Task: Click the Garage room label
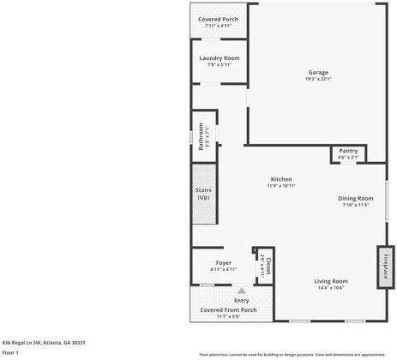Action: pos(318,72)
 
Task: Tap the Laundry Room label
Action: pos(219,58)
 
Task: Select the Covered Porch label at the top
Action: pos(218,19)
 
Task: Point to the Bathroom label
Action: pos(201,135)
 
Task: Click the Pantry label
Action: pos(348,151)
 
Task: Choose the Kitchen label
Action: pos(281,179)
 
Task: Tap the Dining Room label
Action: pos(355,198)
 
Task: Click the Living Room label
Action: pos(330,281)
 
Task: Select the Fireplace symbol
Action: pos(386,266)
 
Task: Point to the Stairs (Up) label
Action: pos(203,195)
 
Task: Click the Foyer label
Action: pos(223,263)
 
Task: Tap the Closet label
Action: pos(268,264)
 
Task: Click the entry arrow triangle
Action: pos(241,291)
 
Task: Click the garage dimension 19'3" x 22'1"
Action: pos(318,79)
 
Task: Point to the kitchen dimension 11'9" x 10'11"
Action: pos(281,186)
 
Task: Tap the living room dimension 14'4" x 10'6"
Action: pos(330,288)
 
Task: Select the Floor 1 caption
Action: pos(10,352)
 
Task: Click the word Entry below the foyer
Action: pos(241,300)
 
